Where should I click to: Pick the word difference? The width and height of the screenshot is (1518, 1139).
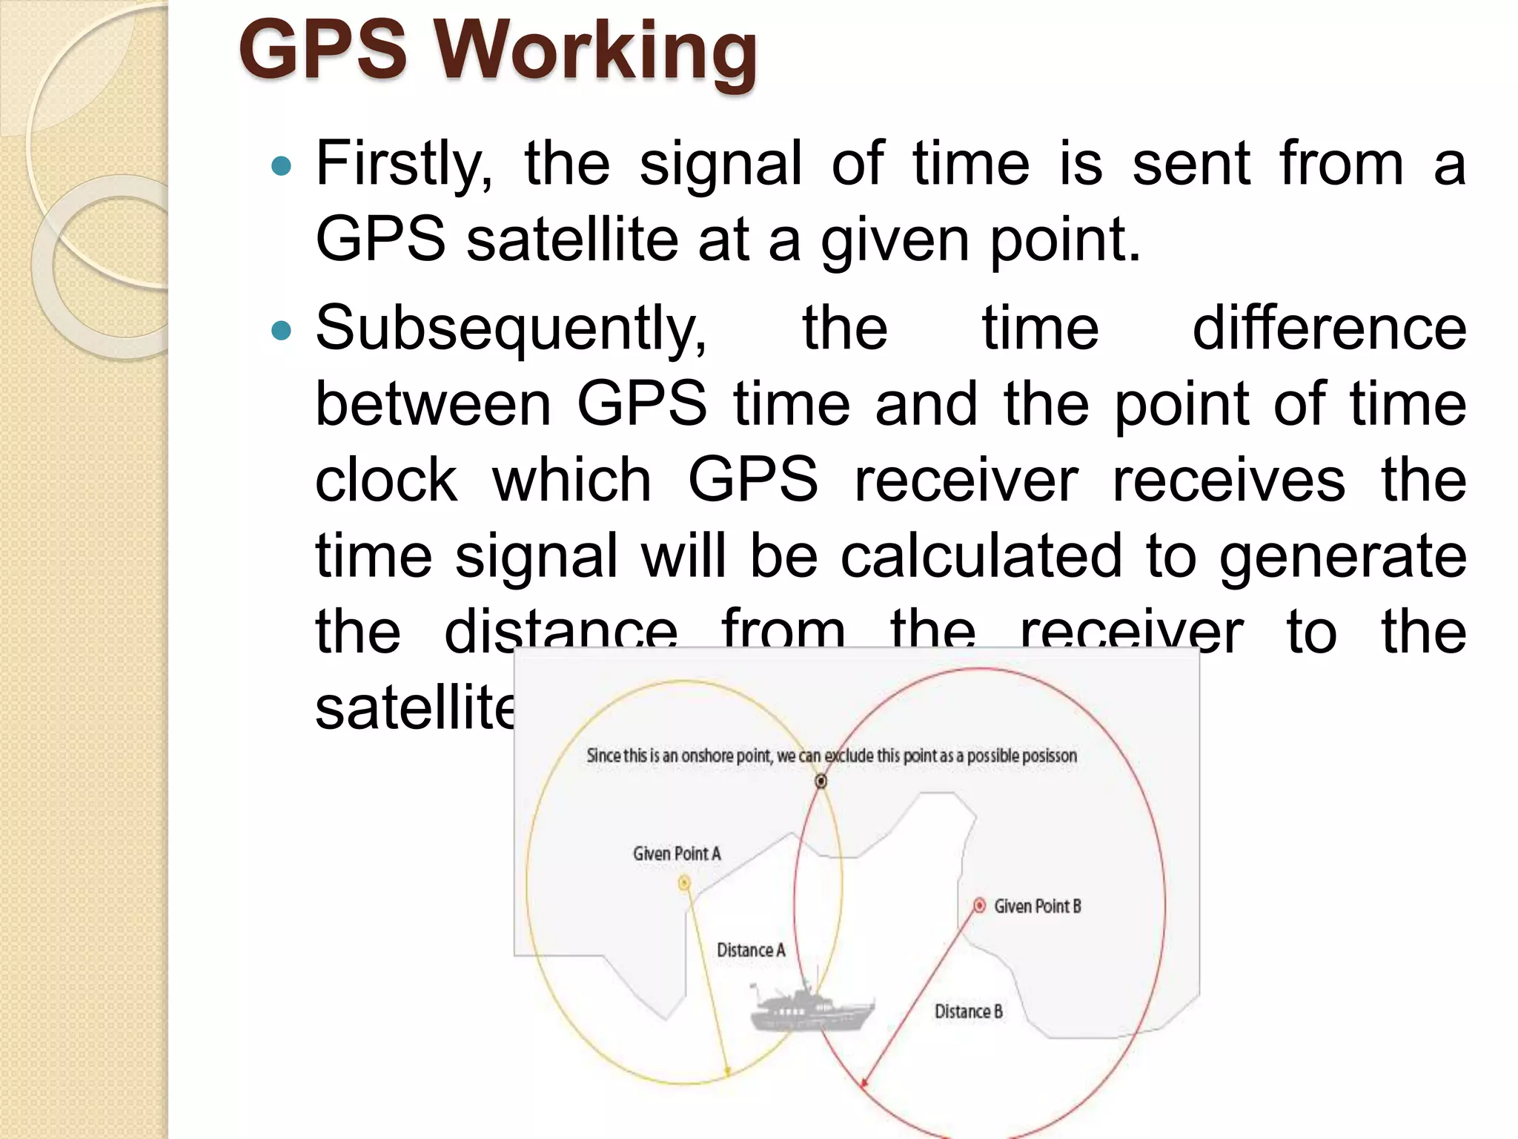coord(1329,329)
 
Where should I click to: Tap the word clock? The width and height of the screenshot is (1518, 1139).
coord(386,481)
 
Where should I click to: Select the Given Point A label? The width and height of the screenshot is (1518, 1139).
coord(677,854)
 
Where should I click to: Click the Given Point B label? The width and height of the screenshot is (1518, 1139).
coord(1037,906)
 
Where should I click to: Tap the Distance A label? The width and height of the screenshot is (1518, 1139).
coord(750,951)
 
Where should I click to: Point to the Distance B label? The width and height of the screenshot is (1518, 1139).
coord(968,1011)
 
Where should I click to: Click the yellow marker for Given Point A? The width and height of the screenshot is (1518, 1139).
coord(684,882)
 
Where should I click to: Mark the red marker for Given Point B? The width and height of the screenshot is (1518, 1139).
coord(979,905)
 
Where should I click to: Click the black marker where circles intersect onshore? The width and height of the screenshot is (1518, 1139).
coord(821,781)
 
